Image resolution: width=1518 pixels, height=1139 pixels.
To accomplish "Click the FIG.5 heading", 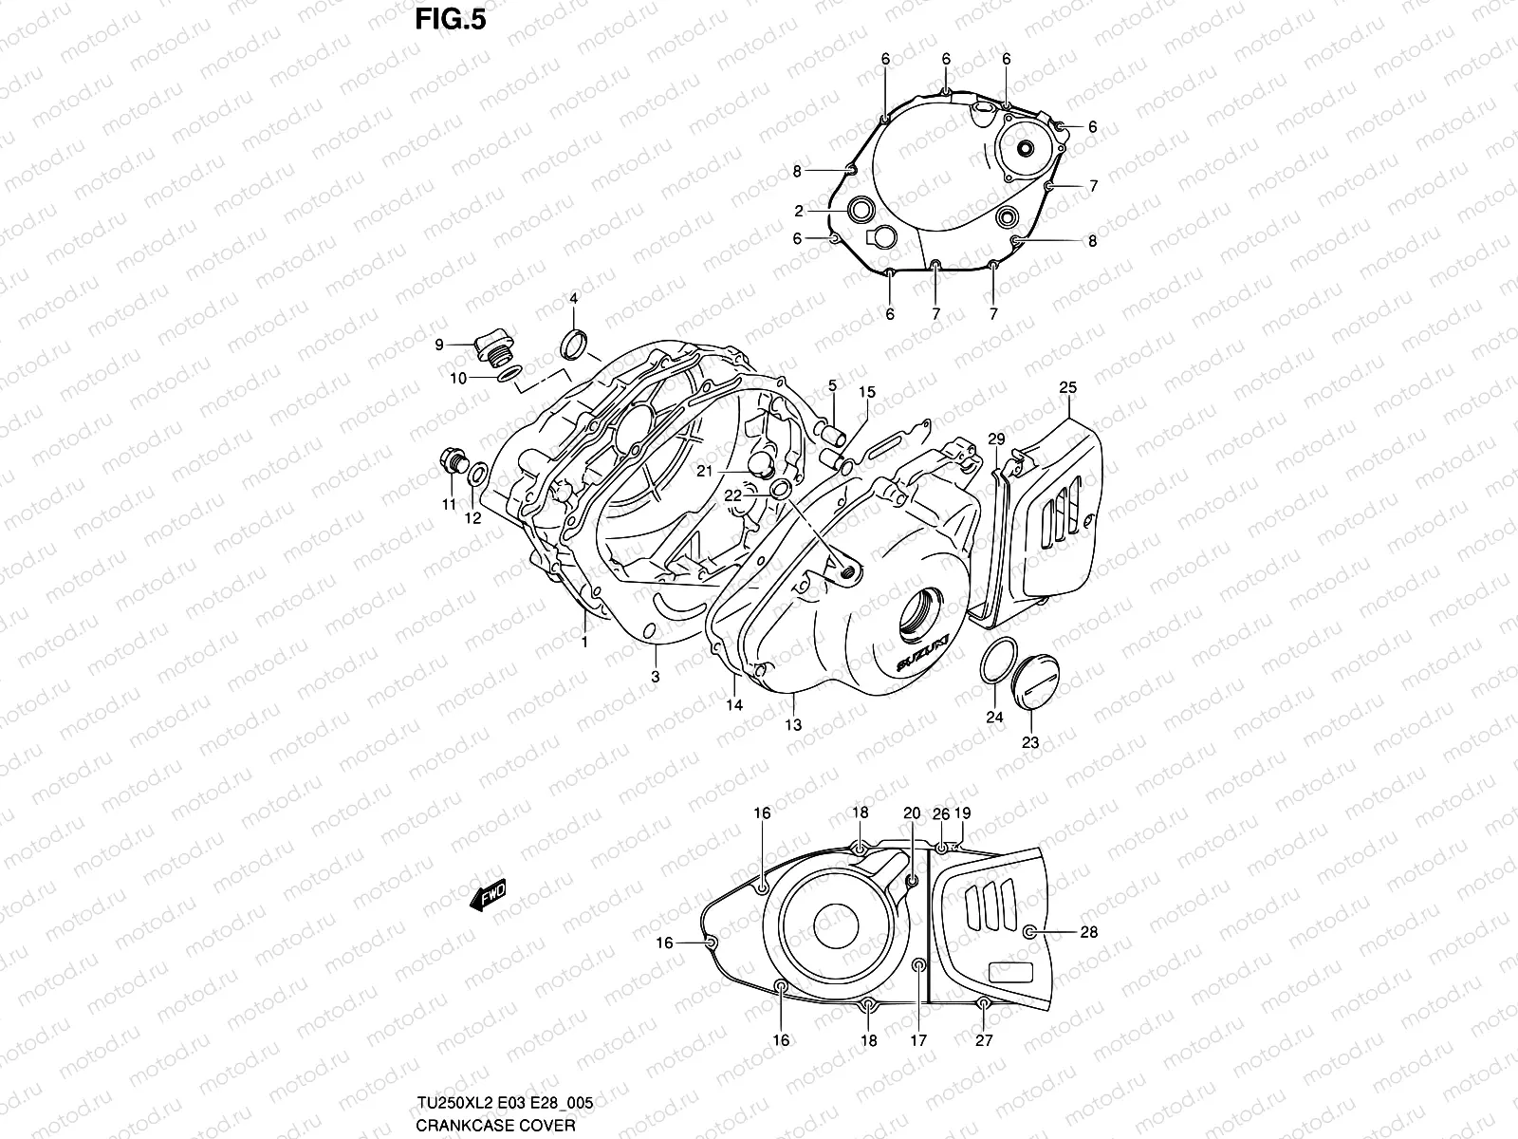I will click(451, 20).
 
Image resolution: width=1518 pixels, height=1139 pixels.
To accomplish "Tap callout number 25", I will click(1068, 388).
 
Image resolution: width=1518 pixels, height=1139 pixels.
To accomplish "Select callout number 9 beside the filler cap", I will click(439, 345).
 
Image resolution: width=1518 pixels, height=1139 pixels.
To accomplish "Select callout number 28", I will click(1089, 932).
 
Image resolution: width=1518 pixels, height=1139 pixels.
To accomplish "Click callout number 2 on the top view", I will click(799, 211).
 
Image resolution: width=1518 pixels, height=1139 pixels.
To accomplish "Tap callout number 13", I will click(793, 725).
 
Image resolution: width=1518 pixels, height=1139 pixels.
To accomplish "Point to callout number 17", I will click(917, 1040).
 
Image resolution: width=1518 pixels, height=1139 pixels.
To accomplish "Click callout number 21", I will click(731, 470).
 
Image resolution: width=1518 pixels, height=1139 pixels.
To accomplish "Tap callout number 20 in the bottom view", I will click(912, 812).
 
